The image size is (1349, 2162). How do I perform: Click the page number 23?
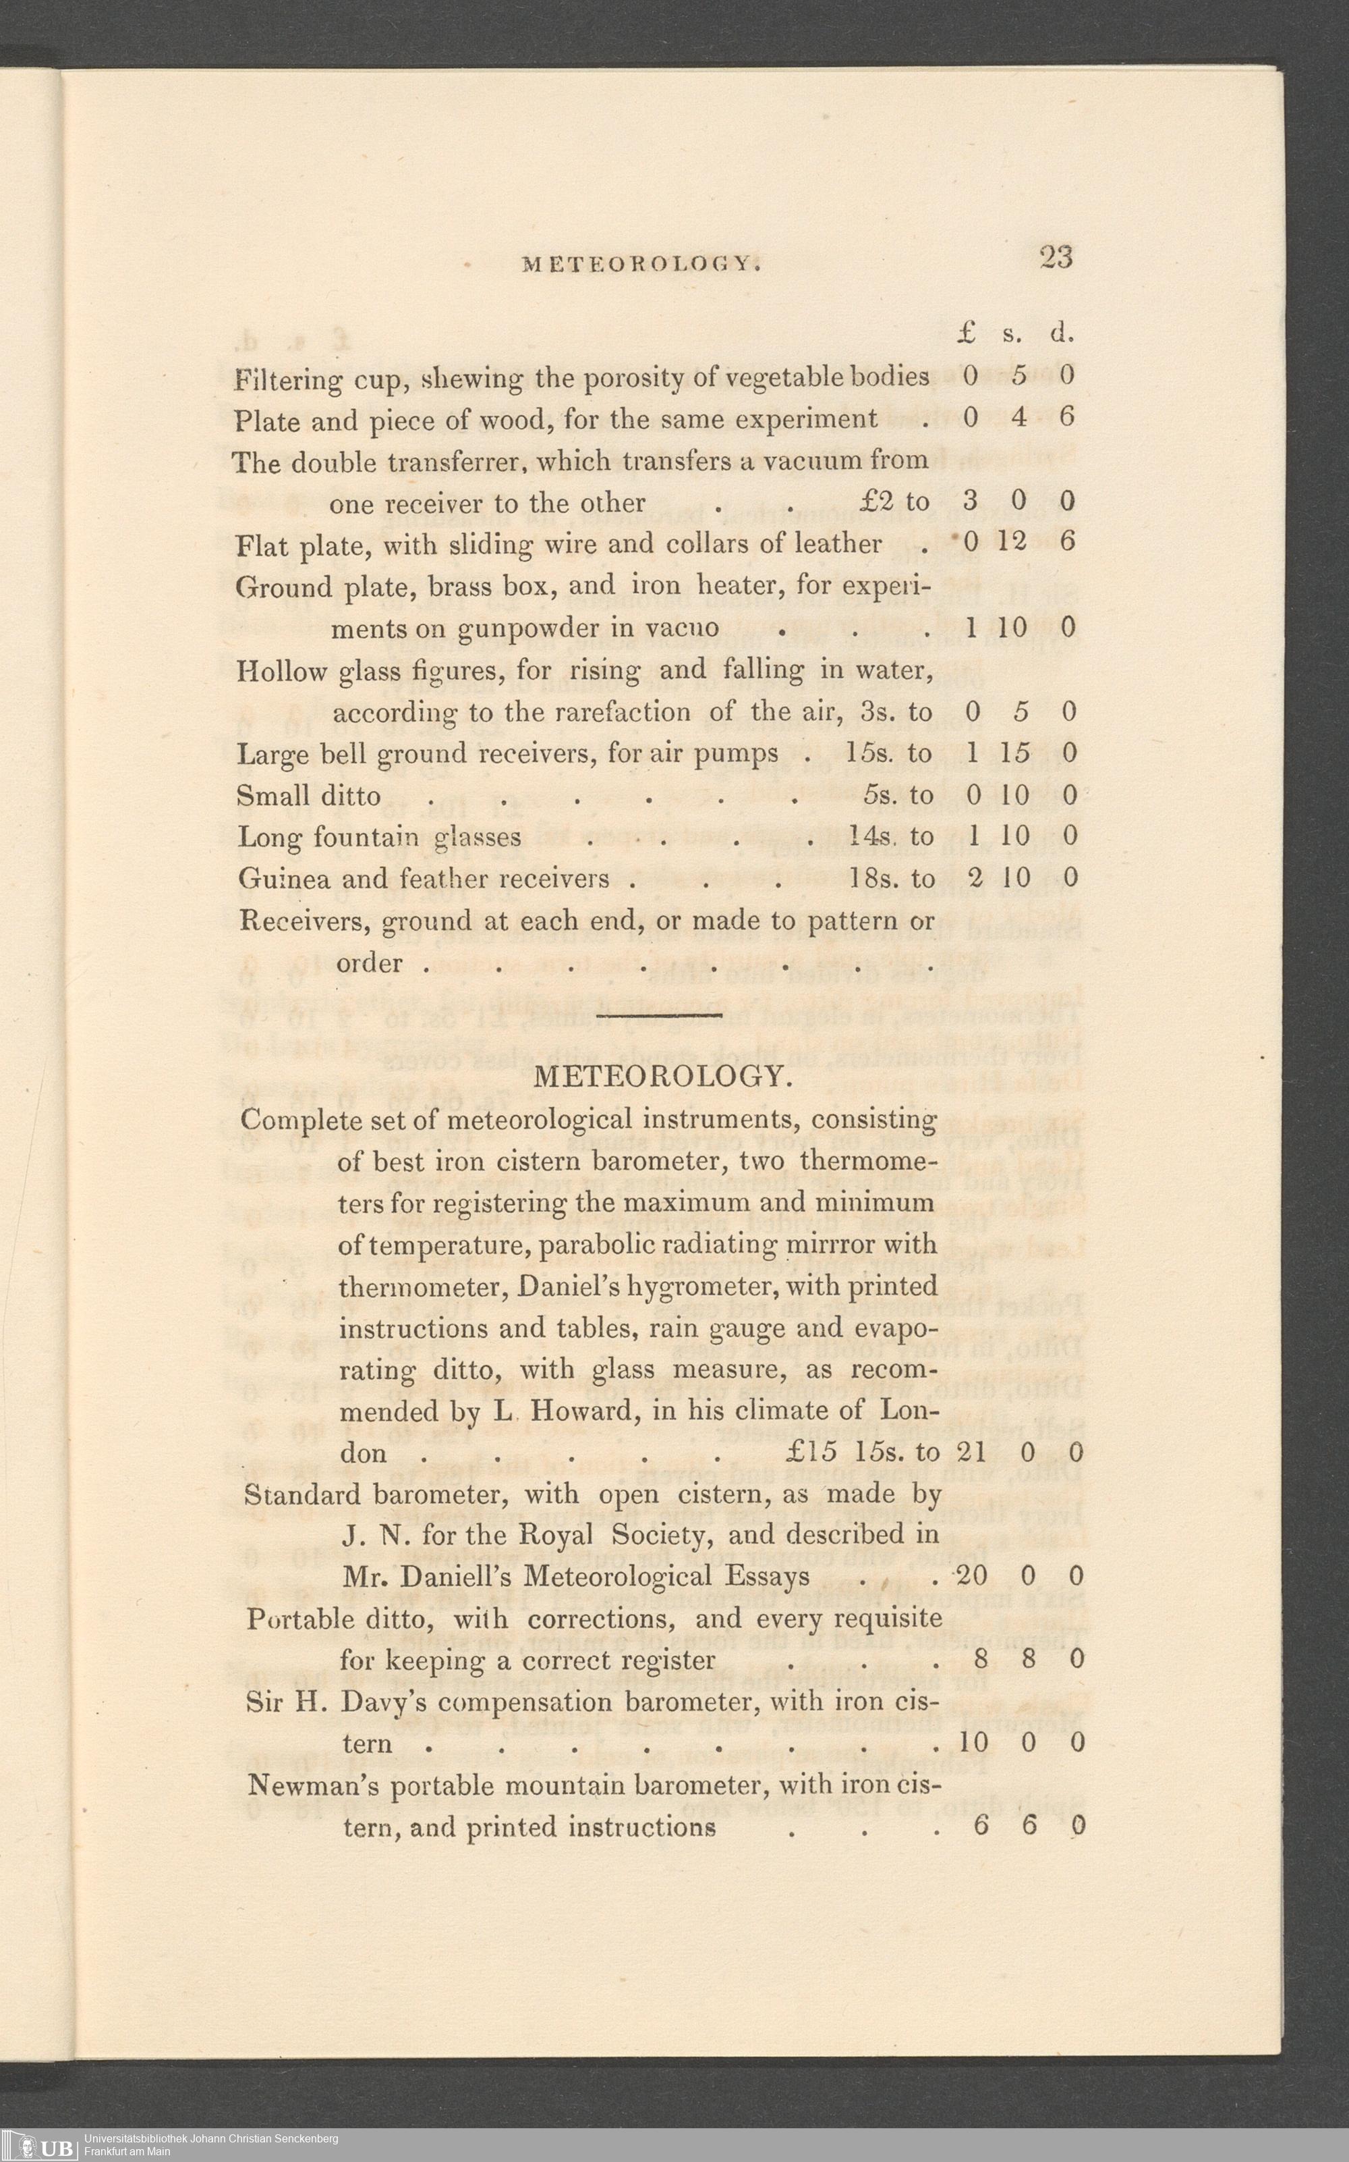[x=1056, y=258]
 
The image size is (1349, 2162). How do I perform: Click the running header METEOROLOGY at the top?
[x=639, y=264]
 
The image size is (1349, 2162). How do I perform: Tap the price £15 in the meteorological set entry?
[x=812, y=1453]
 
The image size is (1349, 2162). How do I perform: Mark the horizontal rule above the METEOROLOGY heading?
[x=660, y=1015]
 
